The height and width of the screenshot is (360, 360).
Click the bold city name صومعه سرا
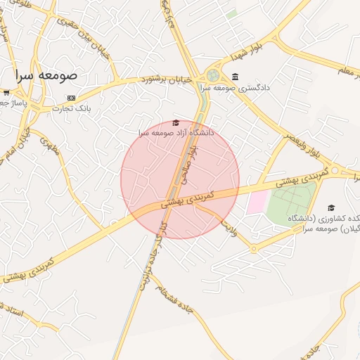48,75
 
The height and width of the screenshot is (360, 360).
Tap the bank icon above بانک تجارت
71,98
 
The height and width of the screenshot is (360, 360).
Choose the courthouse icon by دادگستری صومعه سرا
234,77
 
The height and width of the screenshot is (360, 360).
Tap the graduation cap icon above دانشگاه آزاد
176,122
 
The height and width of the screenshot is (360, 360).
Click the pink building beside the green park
257,202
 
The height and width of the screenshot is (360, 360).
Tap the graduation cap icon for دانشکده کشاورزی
330,207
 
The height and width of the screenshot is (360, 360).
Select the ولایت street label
230,226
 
